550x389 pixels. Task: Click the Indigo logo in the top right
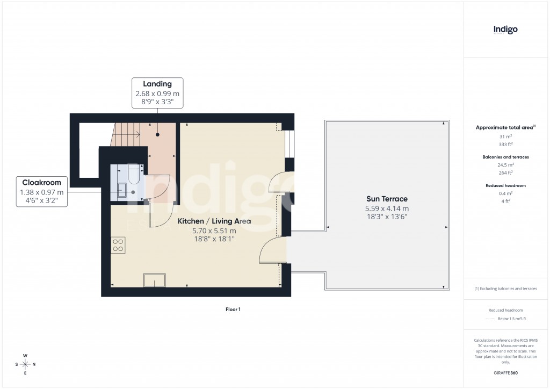click(x=505, y=30)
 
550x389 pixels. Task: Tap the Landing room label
click(x=157, y=84)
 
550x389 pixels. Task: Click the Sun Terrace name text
click(x=387, y=199)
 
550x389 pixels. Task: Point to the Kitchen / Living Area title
click(x=214, y=221)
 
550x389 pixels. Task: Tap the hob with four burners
click(x=118, y=246)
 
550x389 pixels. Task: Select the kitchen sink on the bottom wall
click(x=155, y=280)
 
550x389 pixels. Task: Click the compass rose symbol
click(x=25, y=364)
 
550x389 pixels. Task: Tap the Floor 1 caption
click(x=233, y=309)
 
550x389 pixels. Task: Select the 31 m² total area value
click(x=505, y=136)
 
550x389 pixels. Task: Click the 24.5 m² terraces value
click(x=505, y=165)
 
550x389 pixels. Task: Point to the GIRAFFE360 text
click(x=505, y=372)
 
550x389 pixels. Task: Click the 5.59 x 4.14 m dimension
click(x=387, y=208)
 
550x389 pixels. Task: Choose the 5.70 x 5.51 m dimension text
click(x=214, y=231)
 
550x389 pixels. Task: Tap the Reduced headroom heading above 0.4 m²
click(x=505, y=185)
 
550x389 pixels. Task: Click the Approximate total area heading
click(x=505, y=127)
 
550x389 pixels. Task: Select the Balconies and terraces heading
click(x=505, y=157)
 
